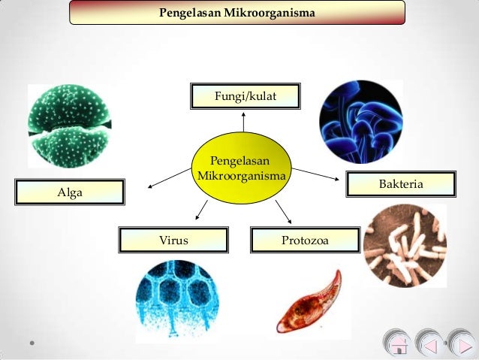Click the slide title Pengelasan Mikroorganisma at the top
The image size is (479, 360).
click(x=237, y=14)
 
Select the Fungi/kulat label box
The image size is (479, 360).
click(x=245, y=95)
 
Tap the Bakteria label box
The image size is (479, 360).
click(x=401, y=184)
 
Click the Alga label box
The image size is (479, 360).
click(x=70, y=192)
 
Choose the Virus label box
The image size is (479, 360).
click(x=173, y=241)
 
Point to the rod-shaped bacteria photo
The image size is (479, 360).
click(x=404, y=246)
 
